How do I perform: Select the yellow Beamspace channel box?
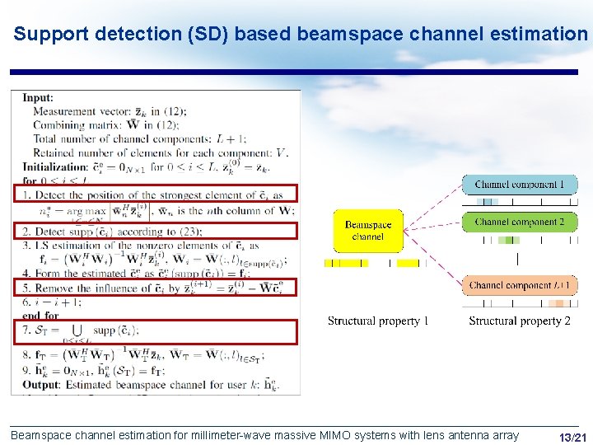[x=367, y=231]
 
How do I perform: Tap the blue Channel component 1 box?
[x=520, y=185]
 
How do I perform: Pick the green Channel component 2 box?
[x=520, y=222]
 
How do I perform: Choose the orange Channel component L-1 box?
[x=520, y=285]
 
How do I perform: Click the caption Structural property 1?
[x=378, y=321]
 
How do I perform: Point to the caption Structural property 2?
[x=520, y=321]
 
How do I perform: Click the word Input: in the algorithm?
[x=38, y=98]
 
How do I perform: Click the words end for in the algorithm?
[x=41, y=315]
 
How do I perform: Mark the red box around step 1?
[x=155, y=194]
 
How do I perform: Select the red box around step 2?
[x=155, y=232]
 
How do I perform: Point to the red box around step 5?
[x=155, y=288]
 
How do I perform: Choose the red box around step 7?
[x=155, y=331]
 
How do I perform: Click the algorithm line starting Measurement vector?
[x=110, y=111]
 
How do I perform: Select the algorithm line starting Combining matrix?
[x=105, y=125]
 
